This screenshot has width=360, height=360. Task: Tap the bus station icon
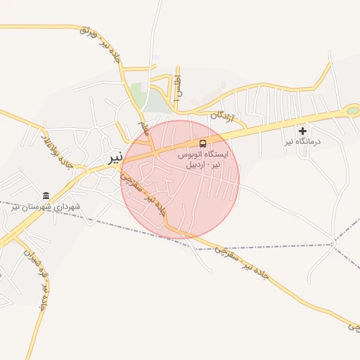point(203,143)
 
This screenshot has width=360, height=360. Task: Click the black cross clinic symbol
point(303,130)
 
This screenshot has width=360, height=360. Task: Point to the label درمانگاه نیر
point(302,142)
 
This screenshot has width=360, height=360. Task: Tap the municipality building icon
point(46,195)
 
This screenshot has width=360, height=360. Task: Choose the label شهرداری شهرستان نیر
point(46,207)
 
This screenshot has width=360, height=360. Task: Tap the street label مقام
point(144,129)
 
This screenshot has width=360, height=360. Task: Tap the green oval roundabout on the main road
point(352,110)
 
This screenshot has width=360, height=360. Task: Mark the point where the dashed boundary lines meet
point(335,243)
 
